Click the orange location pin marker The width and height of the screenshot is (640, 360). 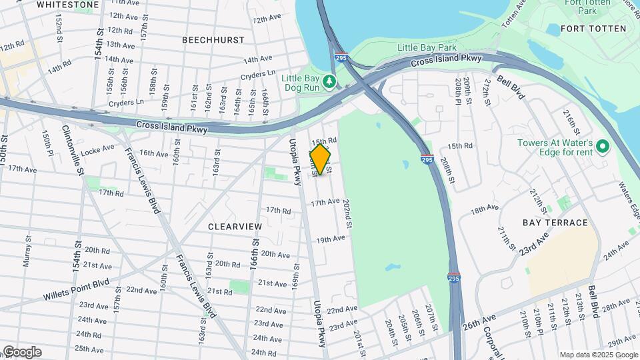tap(321, 159)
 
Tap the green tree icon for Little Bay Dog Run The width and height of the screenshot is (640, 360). tap(329, 81)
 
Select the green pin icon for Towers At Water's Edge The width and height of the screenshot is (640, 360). tap(603, 145)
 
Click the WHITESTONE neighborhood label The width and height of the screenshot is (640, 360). tap(68, 5)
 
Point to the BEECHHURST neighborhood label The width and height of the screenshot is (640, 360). tap(213, 40)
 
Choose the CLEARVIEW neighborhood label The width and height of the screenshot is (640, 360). tap(235, 227)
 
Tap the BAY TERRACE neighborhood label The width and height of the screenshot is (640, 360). tap(555, 223)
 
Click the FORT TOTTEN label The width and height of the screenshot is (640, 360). tap(593, 29)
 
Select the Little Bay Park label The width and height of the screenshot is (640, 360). tap(427, 47)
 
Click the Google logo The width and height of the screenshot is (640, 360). tap(22, 351)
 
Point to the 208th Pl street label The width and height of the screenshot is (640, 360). tap(459, 87)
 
